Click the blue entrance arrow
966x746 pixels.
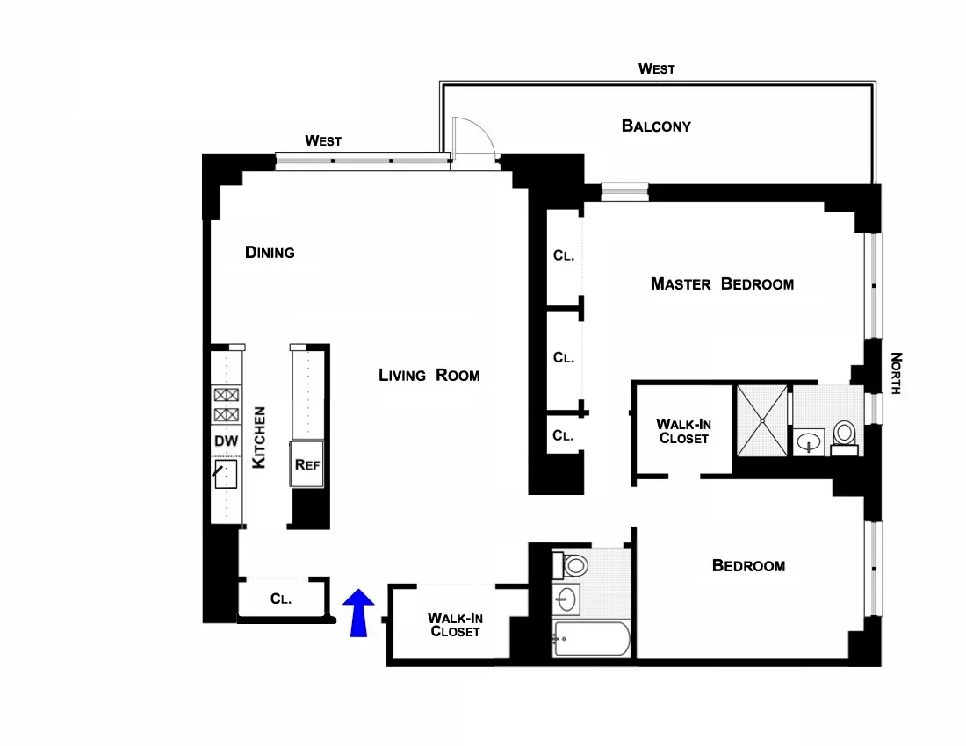[357, 613]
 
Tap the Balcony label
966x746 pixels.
[656, 126]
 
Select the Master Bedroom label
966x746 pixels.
[722, 283]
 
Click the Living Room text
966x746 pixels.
[429, 375]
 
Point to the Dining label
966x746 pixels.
[270, 253]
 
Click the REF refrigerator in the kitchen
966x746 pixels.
[307, 463]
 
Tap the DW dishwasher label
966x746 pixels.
[226, 441]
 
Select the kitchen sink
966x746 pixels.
[227, 476]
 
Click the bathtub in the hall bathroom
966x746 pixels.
[591, 639]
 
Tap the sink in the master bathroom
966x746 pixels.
[809, 441]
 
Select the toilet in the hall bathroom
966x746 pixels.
[572, 564]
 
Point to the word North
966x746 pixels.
[897, 373]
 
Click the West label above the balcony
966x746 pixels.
[656, 68]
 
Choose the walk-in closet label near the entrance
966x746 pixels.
[455, 624]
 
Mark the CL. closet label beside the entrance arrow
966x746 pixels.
[281, 599]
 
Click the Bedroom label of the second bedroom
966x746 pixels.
[748, 566]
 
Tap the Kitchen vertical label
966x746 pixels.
[259, 436]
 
